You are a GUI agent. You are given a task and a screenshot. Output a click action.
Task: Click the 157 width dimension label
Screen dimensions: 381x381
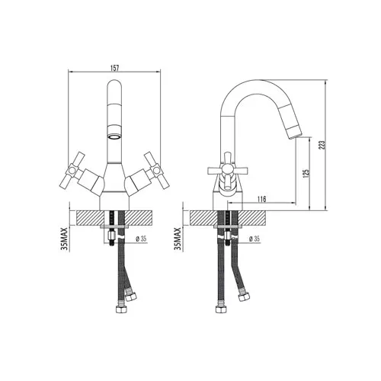[114, 68]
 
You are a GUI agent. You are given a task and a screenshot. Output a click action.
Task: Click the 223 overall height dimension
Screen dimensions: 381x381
[322, 145]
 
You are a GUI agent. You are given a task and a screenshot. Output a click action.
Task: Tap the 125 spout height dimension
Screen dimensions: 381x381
[306, 173]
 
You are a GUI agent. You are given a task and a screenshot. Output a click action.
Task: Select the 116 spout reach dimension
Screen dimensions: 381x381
[261, 199]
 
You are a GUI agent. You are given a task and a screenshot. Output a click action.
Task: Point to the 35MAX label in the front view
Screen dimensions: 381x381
[65, 239]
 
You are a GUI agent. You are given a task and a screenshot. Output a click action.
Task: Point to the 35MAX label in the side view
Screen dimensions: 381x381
[178, 239]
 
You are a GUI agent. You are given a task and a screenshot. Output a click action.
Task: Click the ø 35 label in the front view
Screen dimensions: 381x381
[141, 239]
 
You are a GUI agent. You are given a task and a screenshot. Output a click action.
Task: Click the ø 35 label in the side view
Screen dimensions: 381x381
[255, 239]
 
